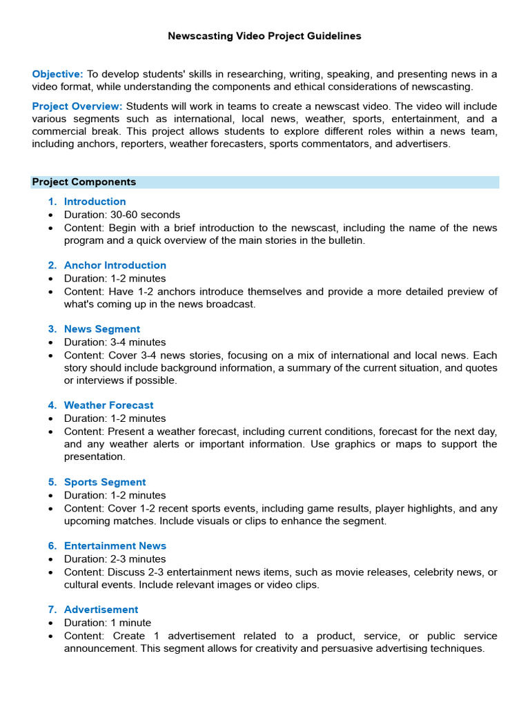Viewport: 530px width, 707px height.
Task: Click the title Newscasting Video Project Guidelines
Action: (x=264, y=36)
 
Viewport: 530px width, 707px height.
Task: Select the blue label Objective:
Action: (x=58, y=74)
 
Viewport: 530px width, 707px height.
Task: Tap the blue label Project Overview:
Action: (x=77, y=106)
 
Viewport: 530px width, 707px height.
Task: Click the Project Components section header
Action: (x=84, y=182)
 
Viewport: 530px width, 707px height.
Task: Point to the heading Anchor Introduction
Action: (x=115, y=265)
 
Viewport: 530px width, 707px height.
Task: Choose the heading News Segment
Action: (x=101, y=329)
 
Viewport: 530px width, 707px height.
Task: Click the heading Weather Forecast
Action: (x=108, y=405)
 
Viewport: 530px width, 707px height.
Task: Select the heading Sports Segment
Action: (x=105, y=482)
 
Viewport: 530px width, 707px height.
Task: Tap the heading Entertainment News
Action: (x=115, y=546)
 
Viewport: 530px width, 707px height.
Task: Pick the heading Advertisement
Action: (x=101, y=610)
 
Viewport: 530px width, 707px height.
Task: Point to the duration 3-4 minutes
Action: (x=138, y=342)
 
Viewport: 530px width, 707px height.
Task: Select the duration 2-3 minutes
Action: (x=138, y=559)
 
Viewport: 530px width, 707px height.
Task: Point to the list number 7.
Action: (x=52, y=610)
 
